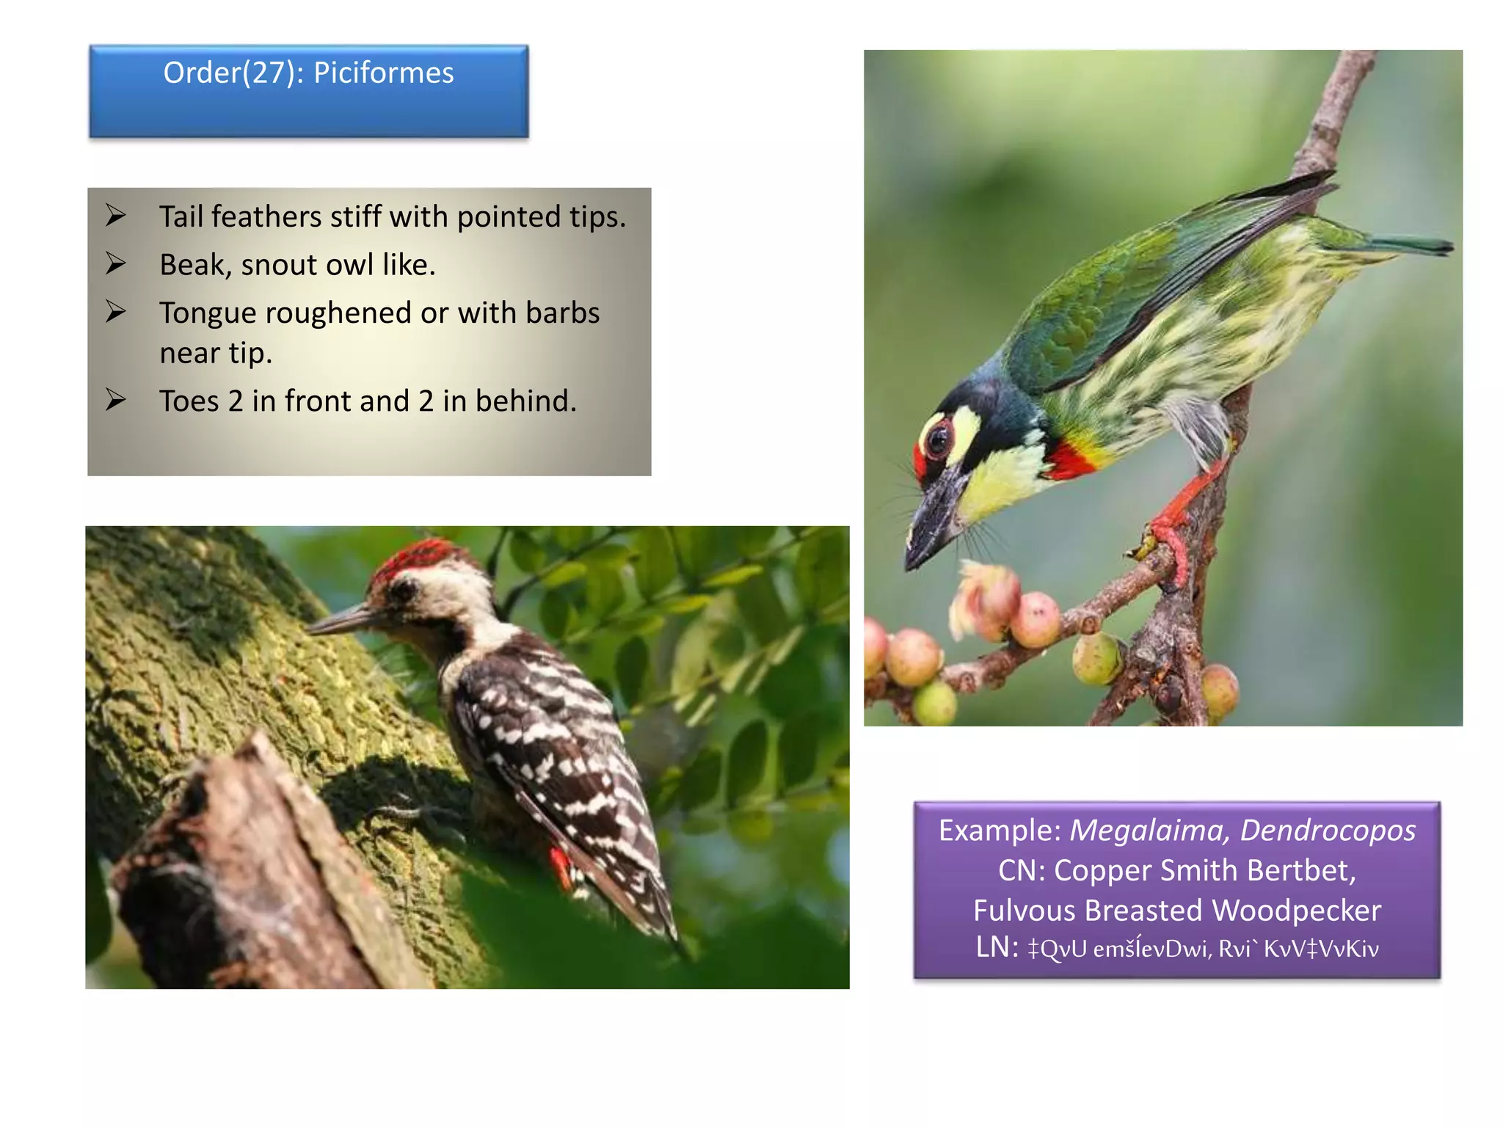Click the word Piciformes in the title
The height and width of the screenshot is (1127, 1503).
coord(383,73)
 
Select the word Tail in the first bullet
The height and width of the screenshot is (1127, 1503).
coord(181,217)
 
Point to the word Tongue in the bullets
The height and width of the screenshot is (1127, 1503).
coord(206,314)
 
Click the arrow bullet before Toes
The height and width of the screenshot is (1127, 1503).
coord(115,400)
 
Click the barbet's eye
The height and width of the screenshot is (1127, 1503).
coord(937,440)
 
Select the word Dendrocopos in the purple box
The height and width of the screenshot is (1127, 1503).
coord(1328,831)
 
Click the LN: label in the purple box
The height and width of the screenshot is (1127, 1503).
coord(997,947)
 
